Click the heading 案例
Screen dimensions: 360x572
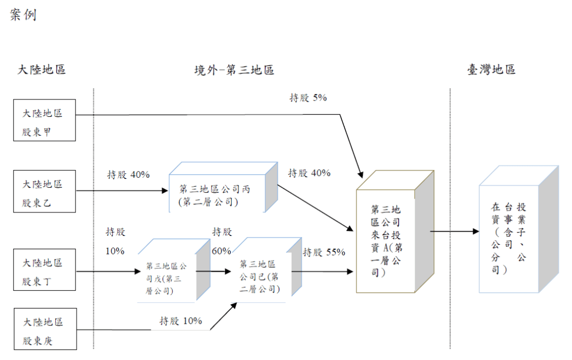[23, 15]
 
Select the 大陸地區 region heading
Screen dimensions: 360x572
[42, 70]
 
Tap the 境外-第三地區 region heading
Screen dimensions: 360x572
[234, 70]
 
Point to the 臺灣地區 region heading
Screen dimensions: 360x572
[492, 70]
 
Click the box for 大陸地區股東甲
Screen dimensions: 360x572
[44, 121]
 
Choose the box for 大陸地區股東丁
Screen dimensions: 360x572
[44, 272]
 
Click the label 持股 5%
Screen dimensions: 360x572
[308, 98]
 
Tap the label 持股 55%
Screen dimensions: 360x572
[324, 253]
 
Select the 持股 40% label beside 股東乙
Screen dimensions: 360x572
[128, 174]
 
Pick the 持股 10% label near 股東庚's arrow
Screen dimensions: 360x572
[180, 321]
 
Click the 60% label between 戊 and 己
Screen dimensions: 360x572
[221, 250]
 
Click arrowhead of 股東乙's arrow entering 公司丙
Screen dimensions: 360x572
[165, 191]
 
